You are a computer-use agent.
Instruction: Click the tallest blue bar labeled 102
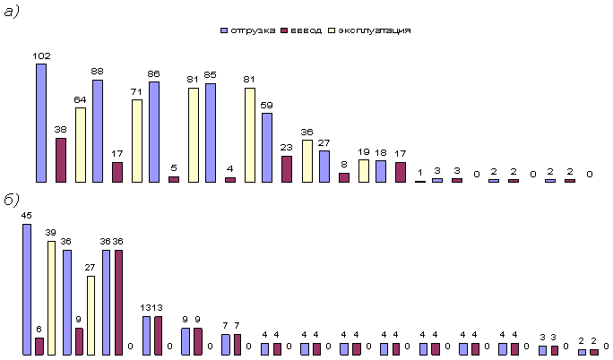(41, 123)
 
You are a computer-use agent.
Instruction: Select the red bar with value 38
(61, 160)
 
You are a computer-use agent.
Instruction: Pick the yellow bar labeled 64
(81, 145)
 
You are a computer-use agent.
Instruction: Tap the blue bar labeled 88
(98, 131)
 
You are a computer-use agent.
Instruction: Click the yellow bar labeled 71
(137, 141)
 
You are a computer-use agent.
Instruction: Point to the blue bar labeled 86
(154, 132)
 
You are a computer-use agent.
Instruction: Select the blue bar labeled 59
(267, 148)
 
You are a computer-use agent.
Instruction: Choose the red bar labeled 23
(287, 169)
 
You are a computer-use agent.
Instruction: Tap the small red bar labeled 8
(344, 177)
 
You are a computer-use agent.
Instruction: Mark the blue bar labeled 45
(27, 289)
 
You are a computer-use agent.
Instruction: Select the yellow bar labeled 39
(51, 297)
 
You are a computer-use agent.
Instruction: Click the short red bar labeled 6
(39, 346)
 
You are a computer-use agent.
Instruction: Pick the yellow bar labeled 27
(91, 315)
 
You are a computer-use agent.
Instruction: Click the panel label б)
(13, 199)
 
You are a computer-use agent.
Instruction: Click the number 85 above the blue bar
(210, 75)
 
